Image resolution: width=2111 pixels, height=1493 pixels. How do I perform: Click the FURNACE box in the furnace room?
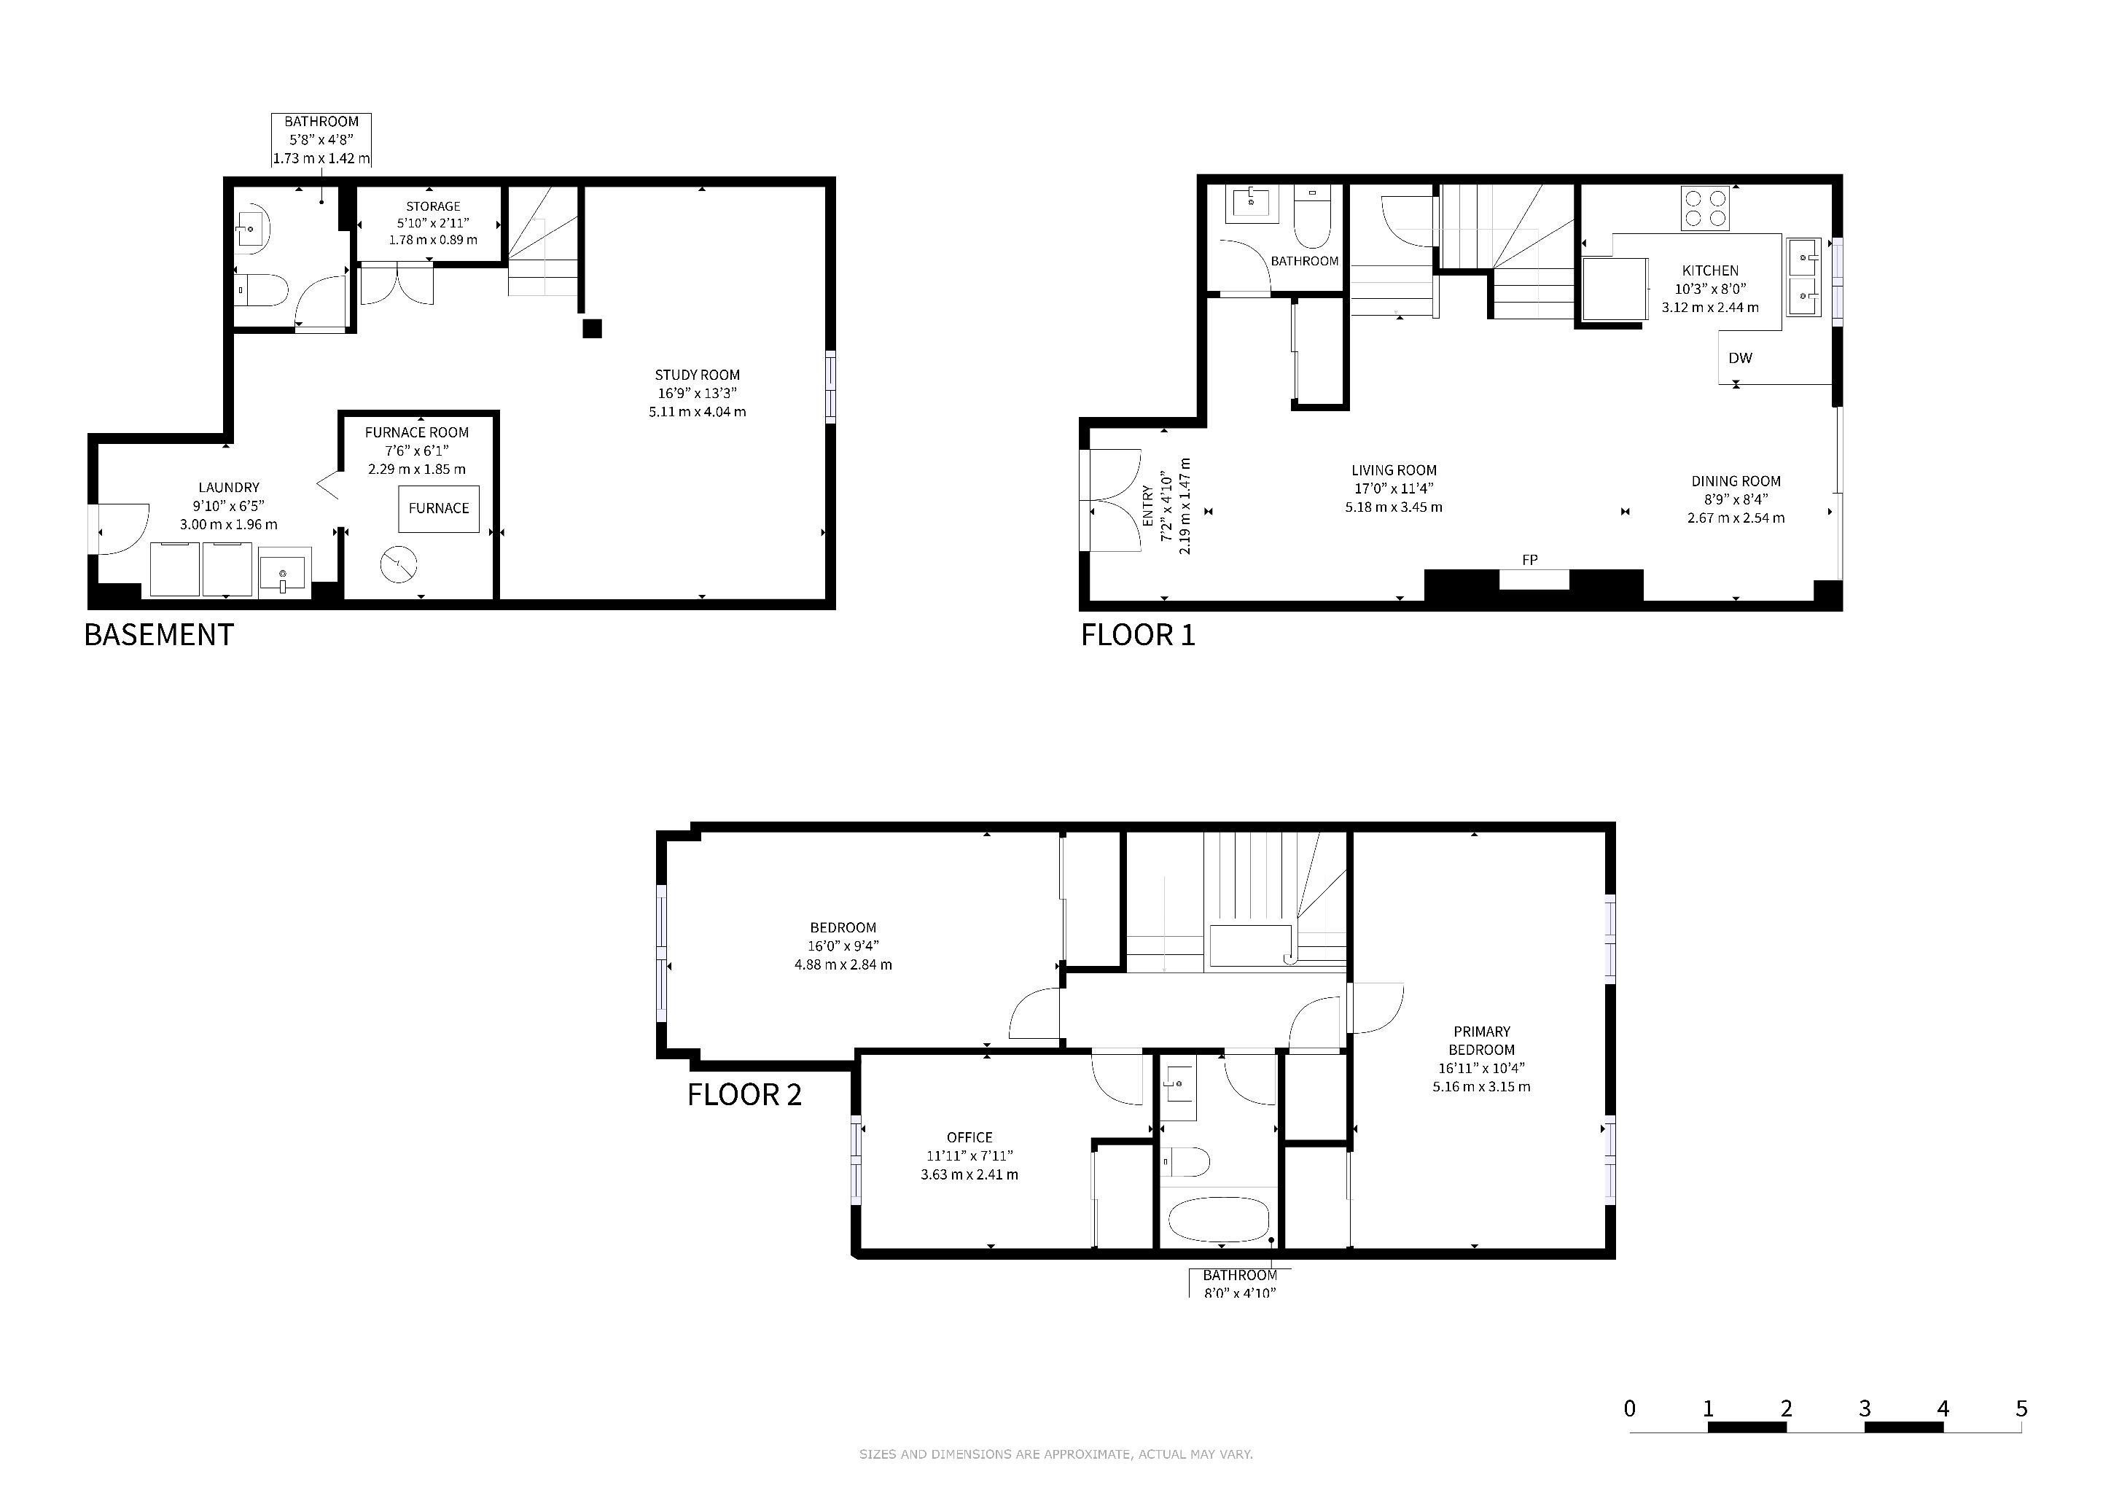pos(439,508)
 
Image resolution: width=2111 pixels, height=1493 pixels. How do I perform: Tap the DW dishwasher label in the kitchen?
pos(1739,359)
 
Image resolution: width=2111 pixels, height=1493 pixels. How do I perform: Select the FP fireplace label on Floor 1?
pos(1530,560)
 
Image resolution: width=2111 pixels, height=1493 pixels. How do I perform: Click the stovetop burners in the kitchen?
pos(1706,208)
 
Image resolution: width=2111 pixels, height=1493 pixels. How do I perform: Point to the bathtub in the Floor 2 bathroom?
pos(1218,1220)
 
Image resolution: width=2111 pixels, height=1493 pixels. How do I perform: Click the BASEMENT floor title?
pos(159,635)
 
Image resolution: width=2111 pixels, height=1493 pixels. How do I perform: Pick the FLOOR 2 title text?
pos(745,1095)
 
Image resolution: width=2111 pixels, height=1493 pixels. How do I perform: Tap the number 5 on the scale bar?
pos(2021,1408)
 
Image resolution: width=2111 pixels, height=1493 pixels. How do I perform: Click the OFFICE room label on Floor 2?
pos(969,1137)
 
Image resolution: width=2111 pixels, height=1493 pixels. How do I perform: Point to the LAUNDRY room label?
pos(229,487)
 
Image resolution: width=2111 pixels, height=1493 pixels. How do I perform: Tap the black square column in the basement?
pos(592,328)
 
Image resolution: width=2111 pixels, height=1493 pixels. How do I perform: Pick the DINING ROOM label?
pos(1736,481)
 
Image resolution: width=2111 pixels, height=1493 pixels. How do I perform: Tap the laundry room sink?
pos(282,573)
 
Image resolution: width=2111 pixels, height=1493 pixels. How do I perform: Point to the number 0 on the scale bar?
pos(1630,1408)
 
